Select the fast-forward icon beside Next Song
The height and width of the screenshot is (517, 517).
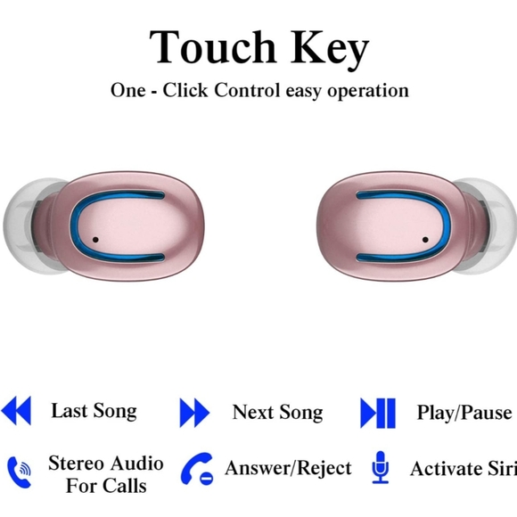click(x=194, y=413)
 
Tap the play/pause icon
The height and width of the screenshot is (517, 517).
click(x=378, y=413)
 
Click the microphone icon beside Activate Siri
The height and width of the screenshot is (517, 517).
click(x=381, y=467)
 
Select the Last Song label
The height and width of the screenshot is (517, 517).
click(x=94, y=411)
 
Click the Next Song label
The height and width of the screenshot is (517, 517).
click(x=277, y=412)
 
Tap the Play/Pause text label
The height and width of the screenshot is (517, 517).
click(x=464, y=413)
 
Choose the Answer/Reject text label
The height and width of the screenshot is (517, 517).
click(x=288, y=468)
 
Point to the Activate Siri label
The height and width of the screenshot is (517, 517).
click(x=463, y=469)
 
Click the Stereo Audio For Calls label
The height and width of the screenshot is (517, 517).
click(x=106, y=474)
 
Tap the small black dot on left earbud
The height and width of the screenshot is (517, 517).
click(x=95, y=240)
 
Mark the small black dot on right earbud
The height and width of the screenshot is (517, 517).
click(x=423, y=240)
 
